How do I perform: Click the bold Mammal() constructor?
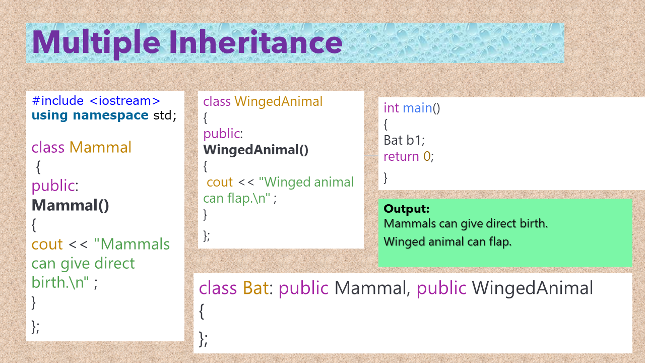coord(70,205)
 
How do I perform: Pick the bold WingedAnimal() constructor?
coord(255,150)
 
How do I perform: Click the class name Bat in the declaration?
coord(255,288)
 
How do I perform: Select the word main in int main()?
coord(417,108)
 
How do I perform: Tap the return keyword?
coord(401,156)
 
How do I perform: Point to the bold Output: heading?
coord(407,209)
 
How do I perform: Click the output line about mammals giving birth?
coord(466,223)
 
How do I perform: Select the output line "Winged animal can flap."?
coord(447,241)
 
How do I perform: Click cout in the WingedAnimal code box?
coord(220,182)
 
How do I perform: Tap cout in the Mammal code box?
coord(47,245)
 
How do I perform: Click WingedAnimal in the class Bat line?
coord(533,288)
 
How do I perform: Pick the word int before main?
coord(391,108)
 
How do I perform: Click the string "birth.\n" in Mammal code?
coord(60,282)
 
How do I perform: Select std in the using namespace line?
coord(162,115)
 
